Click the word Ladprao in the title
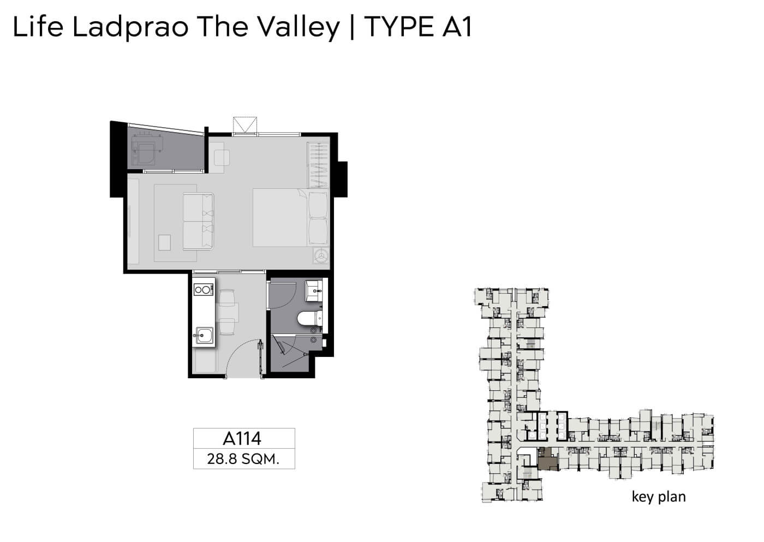pos(130,28)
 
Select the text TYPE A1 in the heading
pos(418,27)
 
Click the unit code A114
pos(242,439)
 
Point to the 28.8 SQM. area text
pos(243,459)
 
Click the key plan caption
pos(659,497)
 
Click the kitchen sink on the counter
pos(204,336)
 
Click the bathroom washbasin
pos(314,291)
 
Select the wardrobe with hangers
pos(318,165)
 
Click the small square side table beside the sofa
pos(164,243)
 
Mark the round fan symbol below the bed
pos(321,255)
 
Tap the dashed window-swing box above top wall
pos(245,125)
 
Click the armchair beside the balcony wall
pos(222,158)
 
